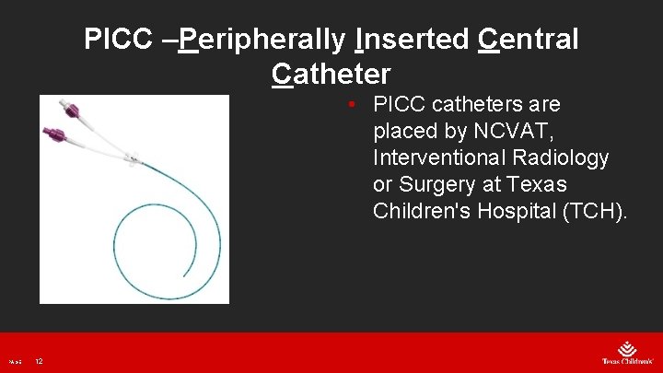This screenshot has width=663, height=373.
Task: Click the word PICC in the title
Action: (x=112, y=40)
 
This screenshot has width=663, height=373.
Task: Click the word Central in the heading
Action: (x=529, y=40)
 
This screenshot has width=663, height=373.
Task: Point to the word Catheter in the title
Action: (x=331, y=73)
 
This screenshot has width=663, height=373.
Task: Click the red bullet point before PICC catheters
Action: (x=354, y=105)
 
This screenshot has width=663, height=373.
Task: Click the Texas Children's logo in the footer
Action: (x=625, y=353)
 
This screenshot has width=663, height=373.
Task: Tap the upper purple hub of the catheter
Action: (x=71, y=113)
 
